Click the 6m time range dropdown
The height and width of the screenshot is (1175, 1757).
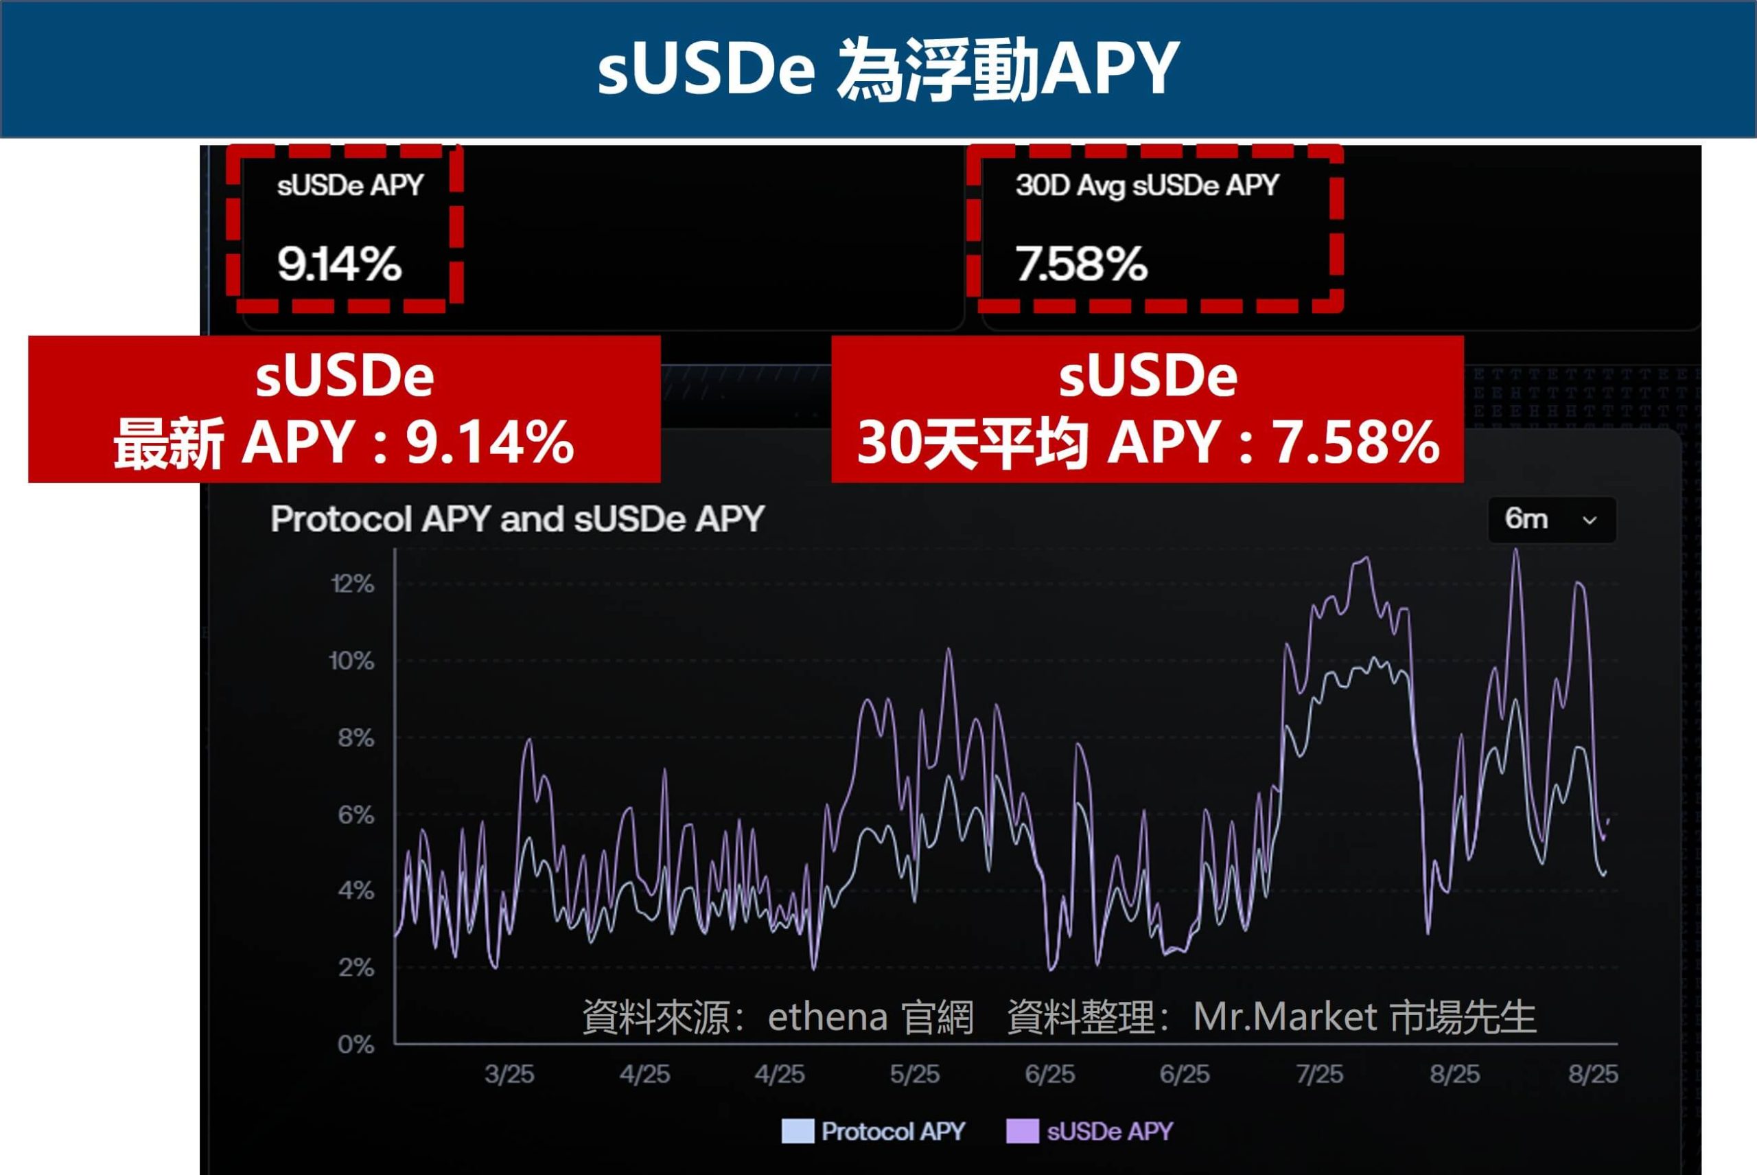1551,519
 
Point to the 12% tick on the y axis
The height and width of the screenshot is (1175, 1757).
352,584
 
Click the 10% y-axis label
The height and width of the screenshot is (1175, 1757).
351,661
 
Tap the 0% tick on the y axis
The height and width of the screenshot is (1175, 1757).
356,1045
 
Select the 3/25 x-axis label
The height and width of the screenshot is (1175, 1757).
509,1075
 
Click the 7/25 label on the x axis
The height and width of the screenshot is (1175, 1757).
1320,1075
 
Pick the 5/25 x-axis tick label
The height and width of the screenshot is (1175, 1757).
914,1075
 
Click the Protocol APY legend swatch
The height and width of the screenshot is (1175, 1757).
798,1132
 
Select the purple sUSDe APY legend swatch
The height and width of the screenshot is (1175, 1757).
1023,1132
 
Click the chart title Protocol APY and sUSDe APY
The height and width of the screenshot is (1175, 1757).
517,519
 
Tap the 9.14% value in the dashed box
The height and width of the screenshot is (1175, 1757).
339,264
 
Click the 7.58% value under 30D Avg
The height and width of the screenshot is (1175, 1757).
1081,264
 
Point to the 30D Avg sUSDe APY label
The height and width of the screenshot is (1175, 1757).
1147,185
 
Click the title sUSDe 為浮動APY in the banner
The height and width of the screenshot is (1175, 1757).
888,69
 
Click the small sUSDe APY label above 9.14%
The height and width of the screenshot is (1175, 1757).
350,185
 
